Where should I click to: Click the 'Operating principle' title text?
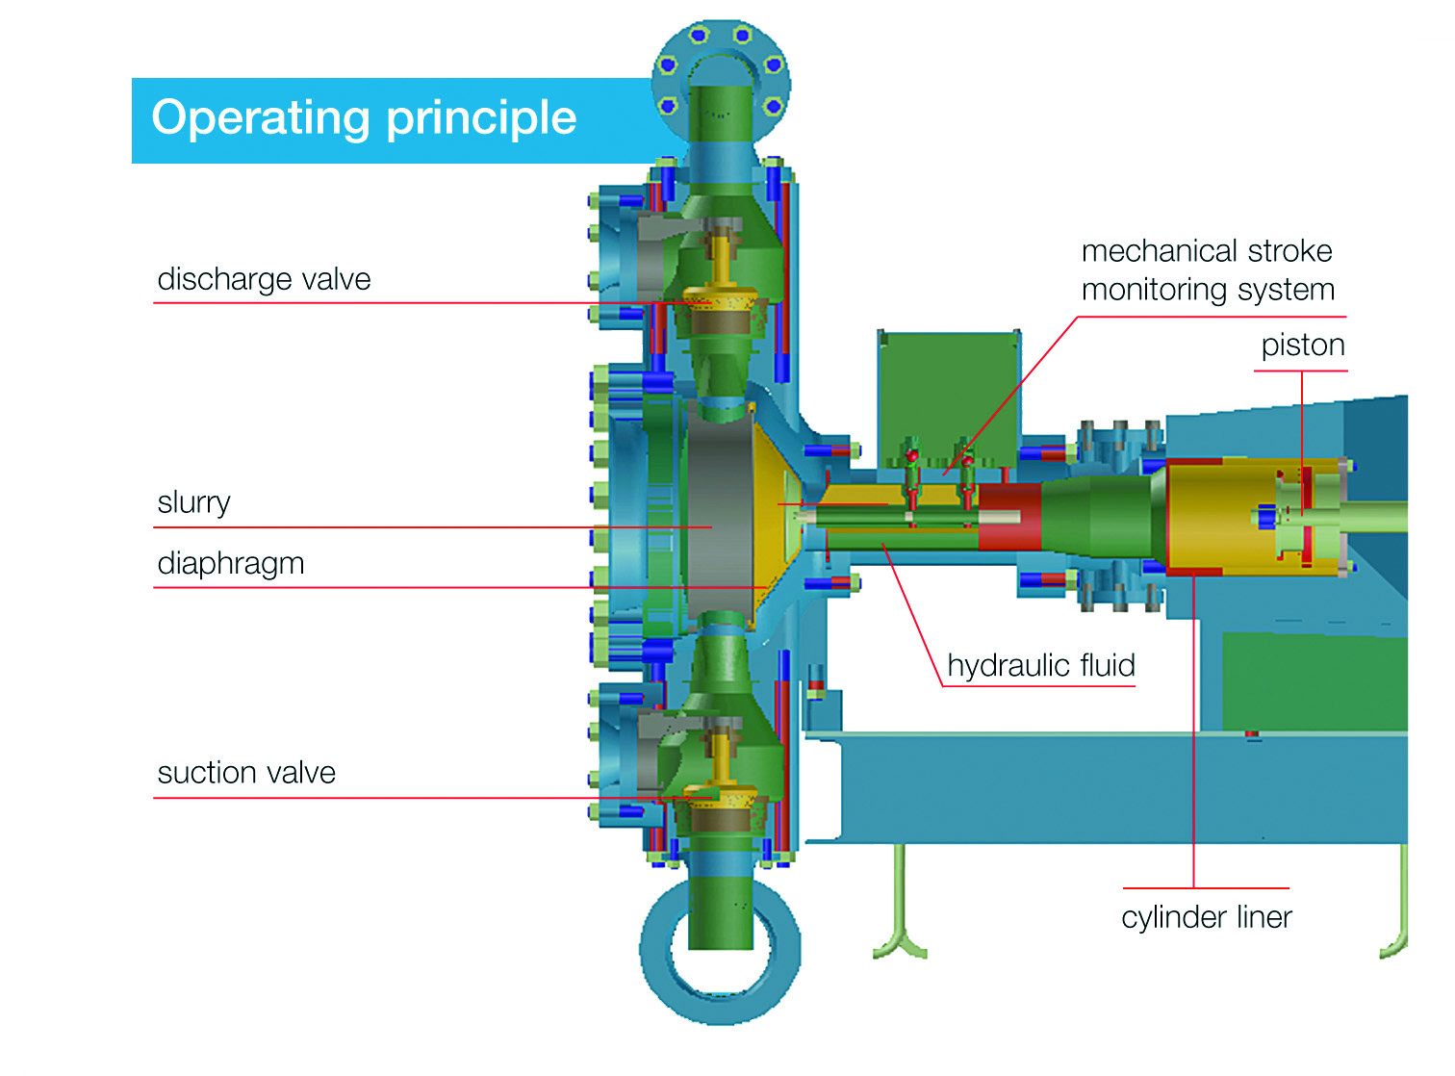pos(364,118)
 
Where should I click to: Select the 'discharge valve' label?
pos(264,279)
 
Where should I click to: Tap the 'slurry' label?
pos(193,502)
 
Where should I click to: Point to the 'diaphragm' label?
pos(231,563)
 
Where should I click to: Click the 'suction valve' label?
pos(246,773)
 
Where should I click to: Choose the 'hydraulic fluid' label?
pos(1041,665)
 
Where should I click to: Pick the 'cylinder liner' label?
pos(1206,917)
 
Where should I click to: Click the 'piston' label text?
pos(1303,346)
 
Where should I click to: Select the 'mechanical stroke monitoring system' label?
pos(1208,270)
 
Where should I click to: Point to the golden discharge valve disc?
pos(722,299)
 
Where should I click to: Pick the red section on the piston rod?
pos(1009,517)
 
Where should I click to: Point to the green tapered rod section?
pos(1097,517)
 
